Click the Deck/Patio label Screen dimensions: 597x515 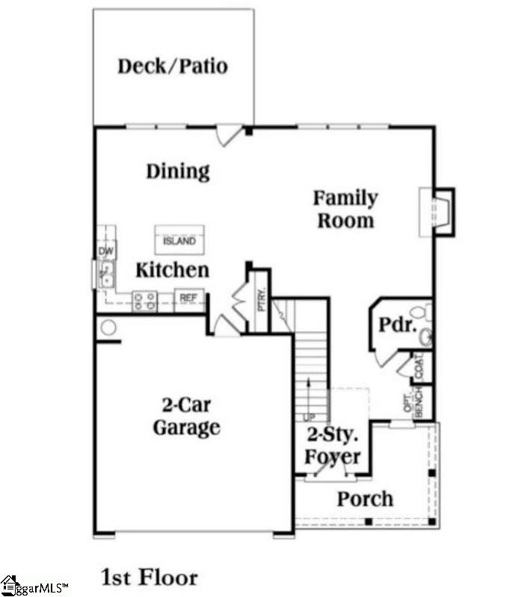click(173, 66)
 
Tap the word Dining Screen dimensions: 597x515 click(178, 172)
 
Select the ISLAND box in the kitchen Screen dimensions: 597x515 click(179, 240)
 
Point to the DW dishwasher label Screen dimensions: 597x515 click(105, 251)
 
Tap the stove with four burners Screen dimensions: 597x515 click(144, 301)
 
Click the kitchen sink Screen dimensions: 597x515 click(106, 274)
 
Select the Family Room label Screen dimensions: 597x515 click(345, 209)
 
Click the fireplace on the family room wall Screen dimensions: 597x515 click(436, 213)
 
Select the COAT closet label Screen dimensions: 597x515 click(419, 366)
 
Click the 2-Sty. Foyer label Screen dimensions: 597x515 click(334, 446)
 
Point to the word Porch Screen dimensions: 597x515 click(365, 498)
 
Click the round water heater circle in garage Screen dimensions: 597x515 click(108, 328)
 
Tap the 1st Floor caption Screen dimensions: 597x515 click(149, 577)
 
